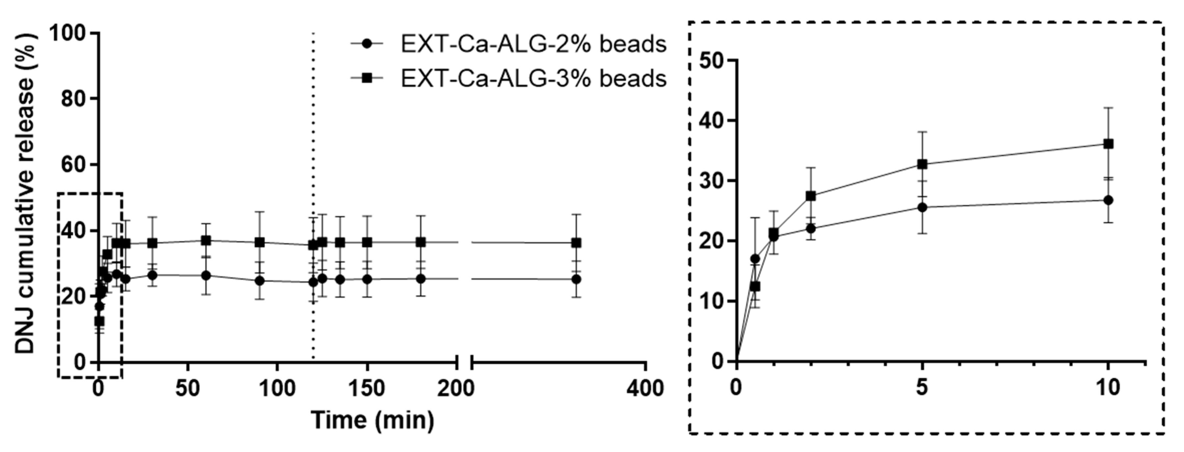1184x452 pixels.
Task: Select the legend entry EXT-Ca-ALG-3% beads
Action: (x=533, y=79)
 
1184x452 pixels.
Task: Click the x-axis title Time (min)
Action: (x=372, y=419)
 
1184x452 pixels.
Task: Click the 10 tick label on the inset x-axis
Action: (x=1108, y=387)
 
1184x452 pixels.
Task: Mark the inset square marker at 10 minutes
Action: (x=1108, y=144)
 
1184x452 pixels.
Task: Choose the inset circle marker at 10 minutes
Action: (x=1108, y=200)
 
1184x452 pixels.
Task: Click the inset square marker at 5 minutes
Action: (x=922, y=164)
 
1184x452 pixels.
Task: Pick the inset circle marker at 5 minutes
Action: (x=922, y=207)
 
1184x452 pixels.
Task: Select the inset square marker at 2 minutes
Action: (x=811, y=196)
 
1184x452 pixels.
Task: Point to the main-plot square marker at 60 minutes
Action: (x=206, y=240)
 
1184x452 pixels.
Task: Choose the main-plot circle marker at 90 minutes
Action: (x=260, y=280)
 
